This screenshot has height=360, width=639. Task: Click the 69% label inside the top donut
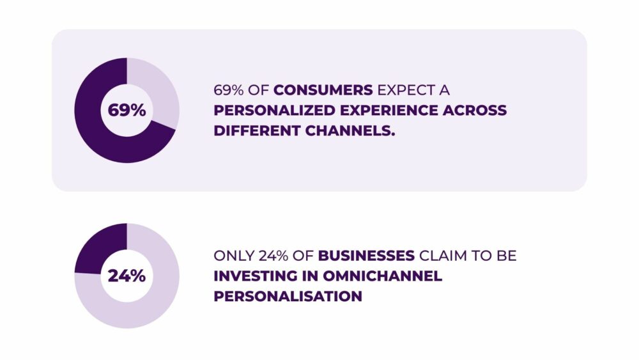[x=127, y=110]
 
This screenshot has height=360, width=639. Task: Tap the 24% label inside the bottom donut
[x=127, y=276]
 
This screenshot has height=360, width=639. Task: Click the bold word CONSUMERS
[x=323, y=90]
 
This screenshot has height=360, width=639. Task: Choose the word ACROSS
[x=474, y=110]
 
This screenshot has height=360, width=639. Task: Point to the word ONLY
[x=230, y=256]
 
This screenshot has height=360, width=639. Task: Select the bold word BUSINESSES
[x=366, y=256]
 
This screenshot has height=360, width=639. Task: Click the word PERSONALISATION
[x=288, y=297]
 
